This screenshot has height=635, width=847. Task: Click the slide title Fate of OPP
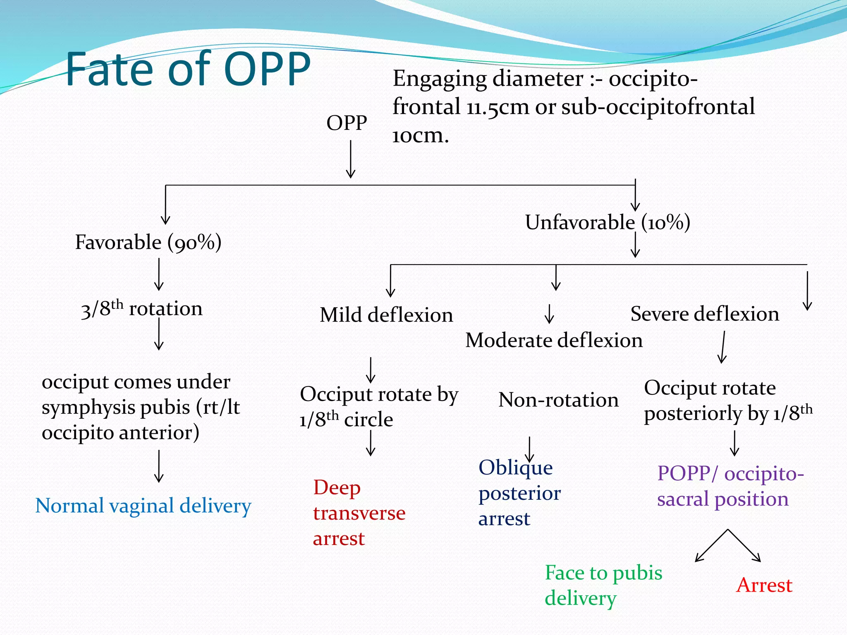pyautogui.click(x=188, y=69)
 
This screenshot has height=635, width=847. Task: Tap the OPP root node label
pyautogui.click(x=347, y=123)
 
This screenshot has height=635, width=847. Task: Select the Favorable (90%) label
pyautogui.click(x=148, y=242)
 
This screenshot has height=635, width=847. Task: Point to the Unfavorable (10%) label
pyautogui.click(x=607, y=222)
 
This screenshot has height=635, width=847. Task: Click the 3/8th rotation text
pyautogui.click(x=142, y=309)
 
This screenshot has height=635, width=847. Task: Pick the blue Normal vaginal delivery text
pyautogui.click(x=143, y=506)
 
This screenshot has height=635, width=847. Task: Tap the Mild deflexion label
pyautogui.click(x=386, y=315)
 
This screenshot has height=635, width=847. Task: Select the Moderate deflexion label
pyautogui.click(x=554, y=341)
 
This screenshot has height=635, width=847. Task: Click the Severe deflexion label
pyautogui.click(x=704, y=314)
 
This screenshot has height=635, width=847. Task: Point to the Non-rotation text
pyautogui.click(x=558, y=400)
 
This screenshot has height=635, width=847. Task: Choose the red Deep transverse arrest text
pyautogui.click(x=359, y=513)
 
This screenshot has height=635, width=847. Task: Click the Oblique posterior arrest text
pyautogui.click(x=519, y=493)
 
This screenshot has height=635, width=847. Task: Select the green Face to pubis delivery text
pyautogui.click(x=603, y=585)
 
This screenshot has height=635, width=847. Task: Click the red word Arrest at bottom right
pyautogui.click(x=764, y=585)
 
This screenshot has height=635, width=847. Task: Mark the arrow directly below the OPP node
pyautogui.click(x=351, y=159)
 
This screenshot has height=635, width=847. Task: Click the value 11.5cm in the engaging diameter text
pyautogui.click(x=498, y=107)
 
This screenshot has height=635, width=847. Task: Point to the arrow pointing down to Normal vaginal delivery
pyautogui.click(x=159, y=466)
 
